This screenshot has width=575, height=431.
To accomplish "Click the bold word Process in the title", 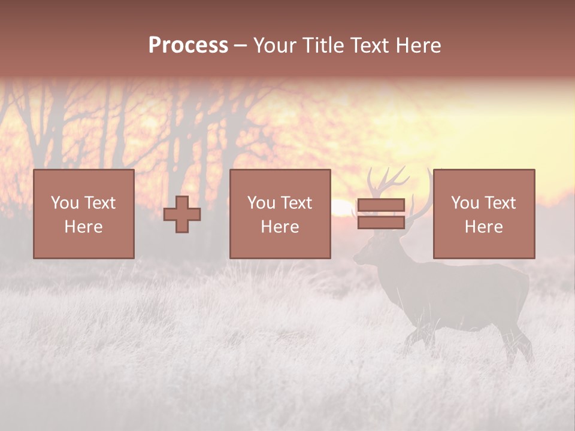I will [188, 45].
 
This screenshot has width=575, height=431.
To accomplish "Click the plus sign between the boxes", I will [182, 214].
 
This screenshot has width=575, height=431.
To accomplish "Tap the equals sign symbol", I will [381, 214].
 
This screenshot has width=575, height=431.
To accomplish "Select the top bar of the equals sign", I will [381, 205].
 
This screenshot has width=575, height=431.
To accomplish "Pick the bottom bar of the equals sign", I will [381, 223].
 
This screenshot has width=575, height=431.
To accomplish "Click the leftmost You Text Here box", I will [83, 214].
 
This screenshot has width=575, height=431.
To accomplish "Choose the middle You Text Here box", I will [280, 214].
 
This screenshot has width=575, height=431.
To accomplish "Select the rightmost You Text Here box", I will [483, 214].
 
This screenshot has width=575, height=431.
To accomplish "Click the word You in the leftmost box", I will [64, 203].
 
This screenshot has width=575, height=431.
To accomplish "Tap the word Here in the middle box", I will [280, 227].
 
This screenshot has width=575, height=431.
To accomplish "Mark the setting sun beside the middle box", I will [342, 207].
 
